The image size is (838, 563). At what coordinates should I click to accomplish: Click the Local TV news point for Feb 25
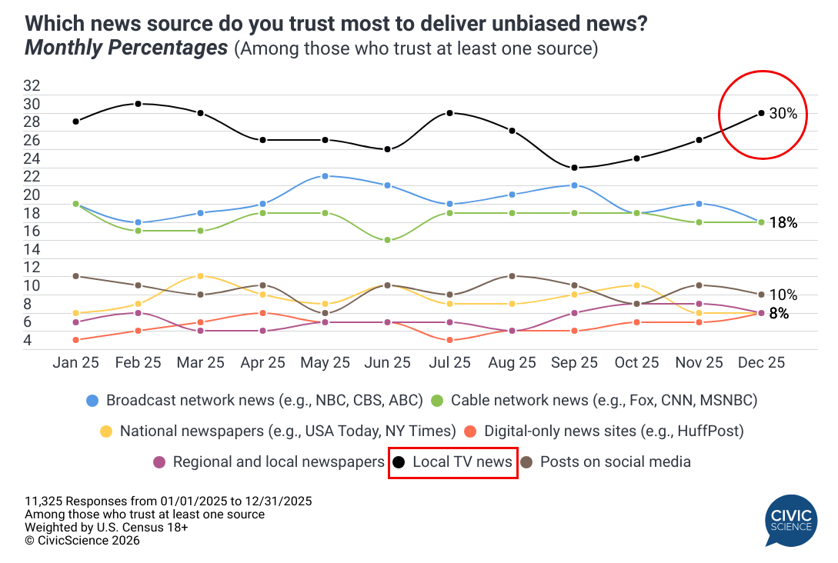pyautogui.click(x=138, y=103)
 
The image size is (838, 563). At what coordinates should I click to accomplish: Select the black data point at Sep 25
pyautogui.click(x=574, y=168)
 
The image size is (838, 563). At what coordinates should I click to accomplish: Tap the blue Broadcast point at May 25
pyautogui.click(x=325, y=176)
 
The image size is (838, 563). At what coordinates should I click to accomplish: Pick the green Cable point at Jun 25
pyautogui.click(x=387, y=240)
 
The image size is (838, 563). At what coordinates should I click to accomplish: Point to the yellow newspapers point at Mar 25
pyautogui.click(x=200, y=275)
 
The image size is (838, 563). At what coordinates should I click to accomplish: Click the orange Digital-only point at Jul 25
pyautogui.click(x=449, y=340)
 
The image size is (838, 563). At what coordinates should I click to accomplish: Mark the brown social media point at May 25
pyautogui.click(x=325, y=313)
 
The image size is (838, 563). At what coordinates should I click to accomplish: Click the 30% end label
pyautogui.click(x=783, y=114)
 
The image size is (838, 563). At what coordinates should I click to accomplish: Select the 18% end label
pyautogui.click(x=783, y=222)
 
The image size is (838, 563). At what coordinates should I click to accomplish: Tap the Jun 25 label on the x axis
pyautogui.click(x=387, y=363)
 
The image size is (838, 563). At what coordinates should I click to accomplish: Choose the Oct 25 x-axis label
pyautogui.click(x=636, y=363)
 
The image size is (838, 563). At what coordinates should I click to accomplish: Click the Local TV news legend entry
pyautogui.click(x=453, y=462)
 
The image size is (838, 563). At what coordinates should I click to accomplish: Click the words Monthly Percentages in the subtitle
pyautogui.click(x=126, y=48)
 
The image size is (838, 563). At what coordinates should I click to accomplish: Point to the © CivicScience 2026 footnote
pyautogui.click(x=82, y=541)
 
